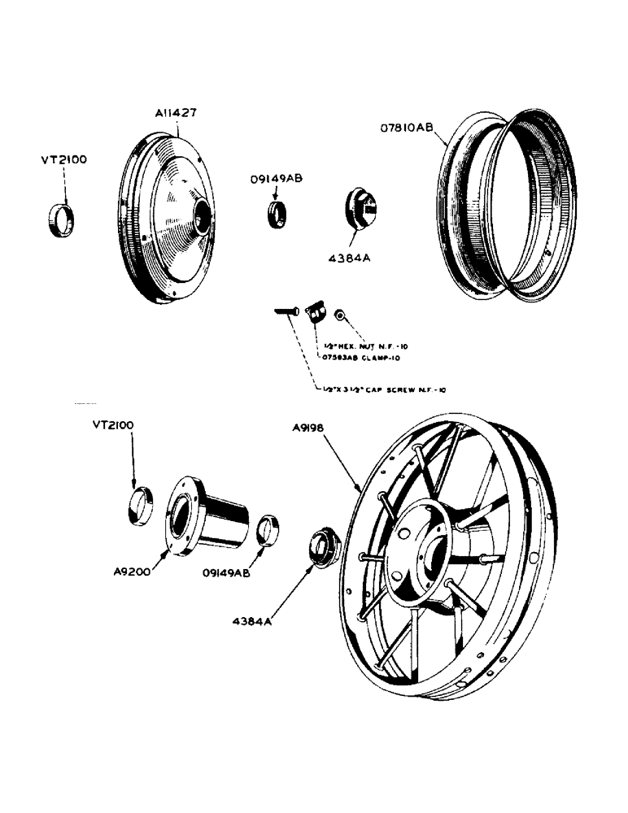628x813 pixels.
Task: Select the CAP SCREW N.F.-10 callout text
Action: tap(384, 390)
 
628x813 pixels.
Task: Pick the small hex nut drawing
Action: tap(343, 314)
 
